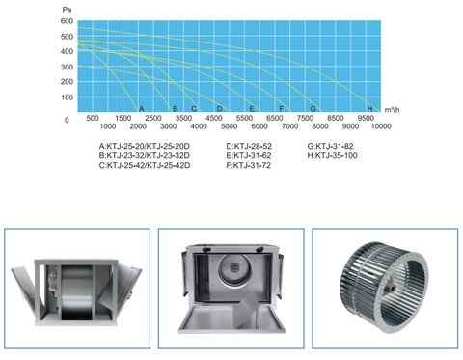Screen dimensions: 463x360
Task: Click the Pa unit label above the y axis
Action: (x=67, y=10)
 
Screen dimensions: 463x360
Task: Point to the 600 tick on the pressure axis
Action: (x=67, y=21)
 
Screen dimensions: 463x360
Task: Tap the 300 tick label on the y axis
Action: (x=67, y=68)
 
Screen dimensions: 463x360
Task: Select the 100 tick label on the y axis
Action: (x=67, y=97)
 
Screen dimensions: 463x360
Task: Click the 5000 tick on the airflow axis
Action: (x=229, y=126)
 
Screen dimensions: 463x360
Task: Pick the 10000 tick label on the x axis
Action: (x=381, y=126)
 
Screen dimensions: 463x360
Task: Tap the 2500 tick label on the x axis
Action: (x=153, y=118)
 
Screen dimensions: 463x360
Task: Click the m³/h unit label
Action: (x=392, y=110)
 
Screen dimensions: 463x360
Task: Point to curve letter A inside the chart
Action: (x=141, y=109)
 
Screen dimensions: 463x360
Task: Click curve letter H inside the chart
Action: (x=369, y=109)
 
